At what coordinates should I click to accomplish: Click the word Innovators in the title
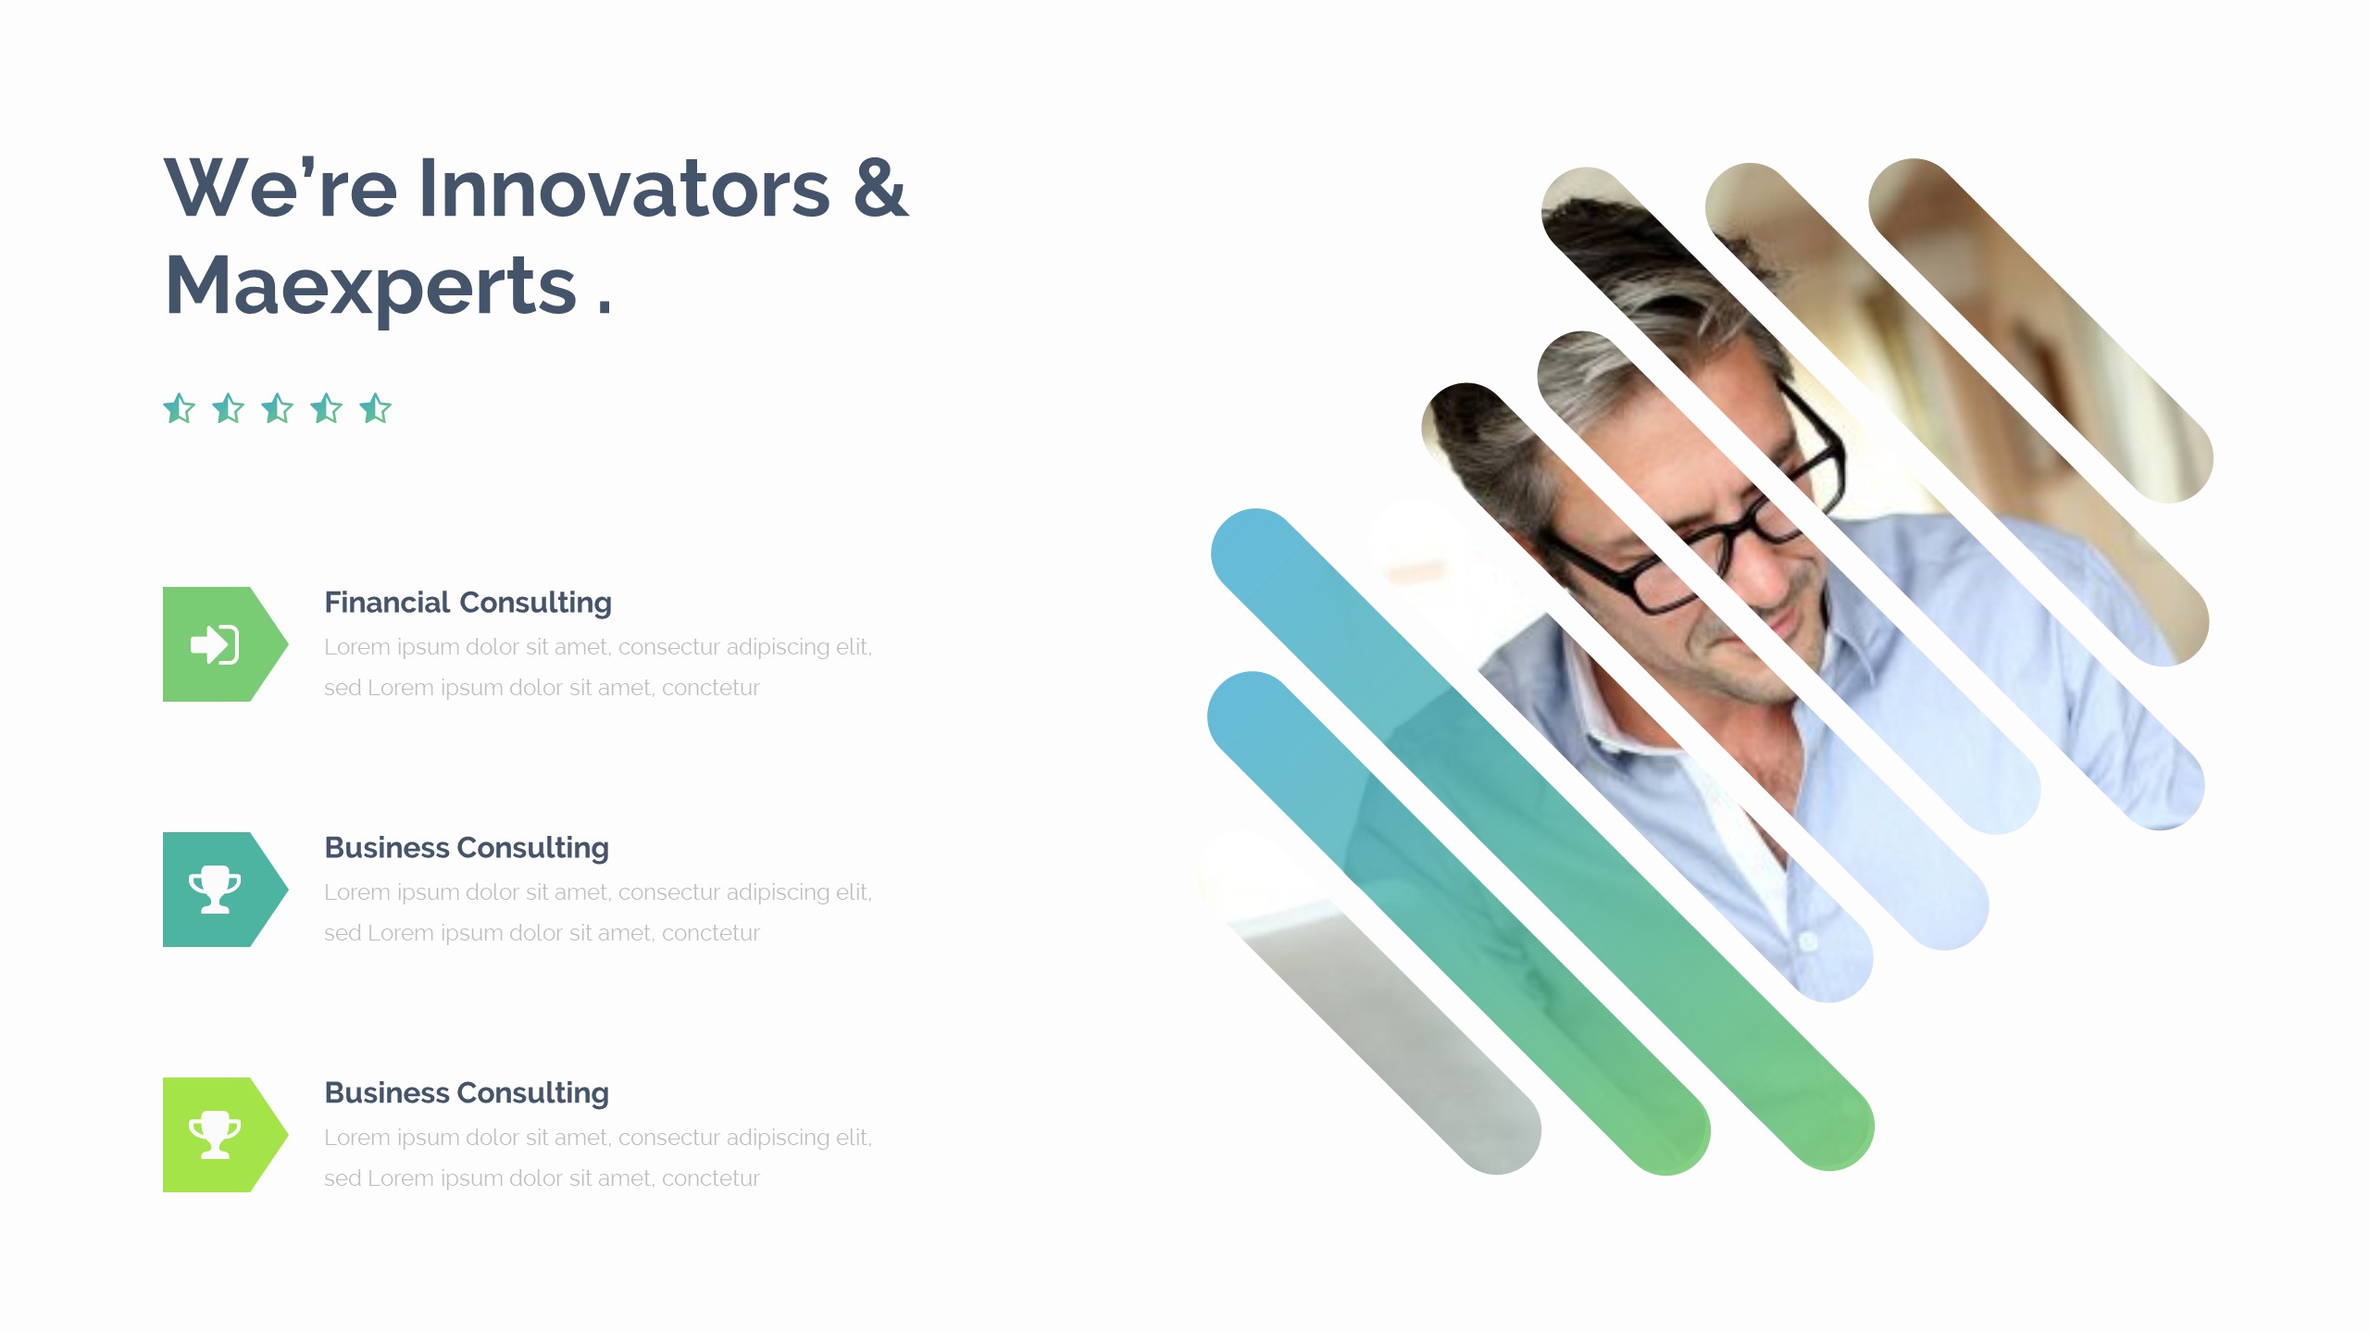click(x=624, y=189)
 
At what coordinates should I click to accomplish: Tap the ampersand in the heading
click(x=880, y=189)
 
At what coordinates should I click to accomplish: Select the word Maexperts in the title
click(x=370, y=286)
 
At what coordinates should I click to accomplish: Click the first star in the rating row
click(x=180, y=408)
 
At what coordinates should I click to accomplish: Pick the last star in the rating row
click(x=376, y=408)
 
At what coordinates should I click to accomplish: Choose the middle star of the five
click(x=278, y=408)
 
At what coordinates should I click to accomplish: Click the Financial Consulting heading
click(x=468, y=603)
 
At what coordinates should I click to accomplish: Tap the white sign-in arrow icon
click(x=215, y=644)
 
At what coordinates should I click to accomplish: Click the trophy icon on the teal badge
click(x=215, y=890)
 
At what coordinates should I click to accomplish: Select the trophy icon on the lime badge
click(x=215, y=1135)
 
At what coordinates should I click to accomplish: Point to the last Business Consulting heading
click(x=467, y=1093)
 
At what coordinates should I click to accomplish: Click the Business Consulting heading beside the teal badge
click(x=467, y=848)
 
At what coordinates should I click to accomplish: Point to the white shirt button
click(x=1807, y=941)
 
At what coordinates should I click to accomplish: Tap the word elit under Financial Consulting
click(x=853, y=647)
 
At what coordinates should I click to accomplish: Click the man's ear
click(x=1518, y=518)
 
